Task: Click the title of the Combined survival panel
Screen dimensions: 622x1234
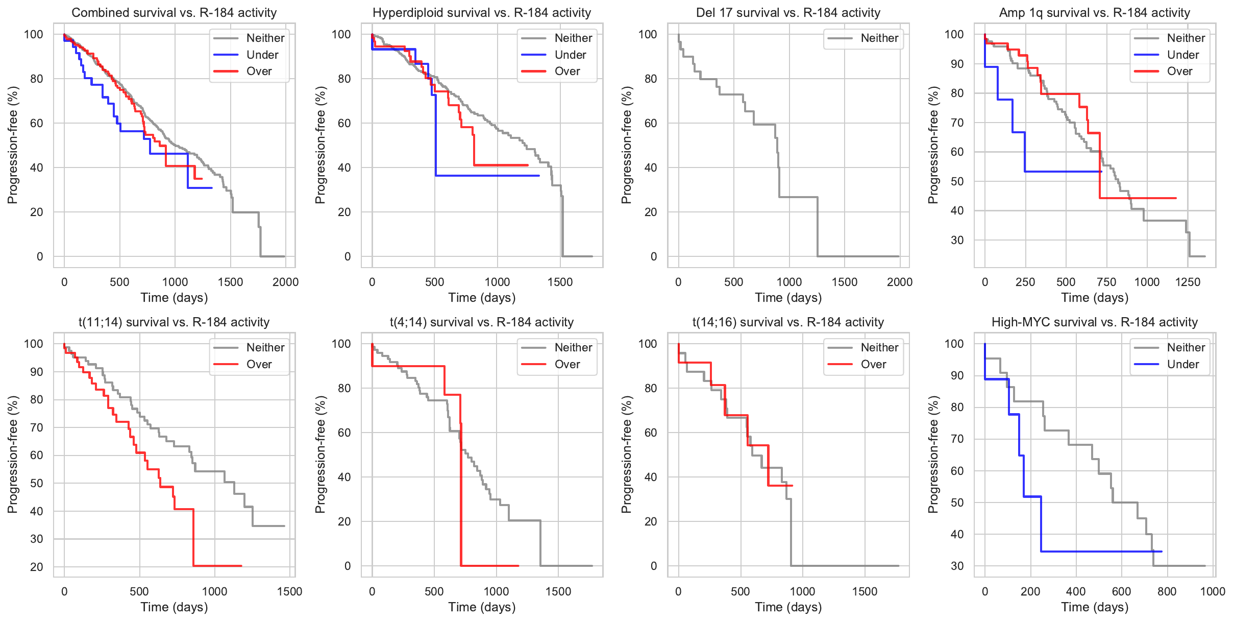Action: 174,13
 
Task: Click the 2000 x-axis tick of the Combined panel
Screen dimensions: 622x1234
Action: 285,282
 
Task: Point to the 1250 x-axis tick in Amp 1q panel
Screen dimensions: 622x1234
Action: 1188,282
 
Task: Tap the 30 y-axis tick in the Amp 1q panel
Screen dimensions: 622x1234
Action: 957,240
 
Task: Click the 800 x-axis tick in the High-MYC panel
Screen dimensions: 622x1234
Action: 1167,591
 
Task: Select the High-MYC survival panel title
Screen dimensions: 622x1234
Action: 1095,322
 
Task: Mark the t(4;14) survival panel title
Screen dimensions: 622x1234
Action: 482,322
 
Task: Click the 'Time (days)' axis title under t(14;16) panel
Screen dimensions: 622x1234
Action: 788,607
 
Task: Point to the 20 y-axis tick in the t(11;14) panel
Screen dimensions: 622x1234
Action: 37,567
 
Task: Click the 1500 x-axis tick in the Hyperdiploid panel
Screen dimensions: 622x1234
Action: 560,282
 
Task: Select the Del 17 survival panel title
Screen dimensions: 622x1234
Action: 788,13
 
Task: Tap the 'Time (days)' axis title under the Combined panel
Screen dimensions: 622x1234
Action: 174,297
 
